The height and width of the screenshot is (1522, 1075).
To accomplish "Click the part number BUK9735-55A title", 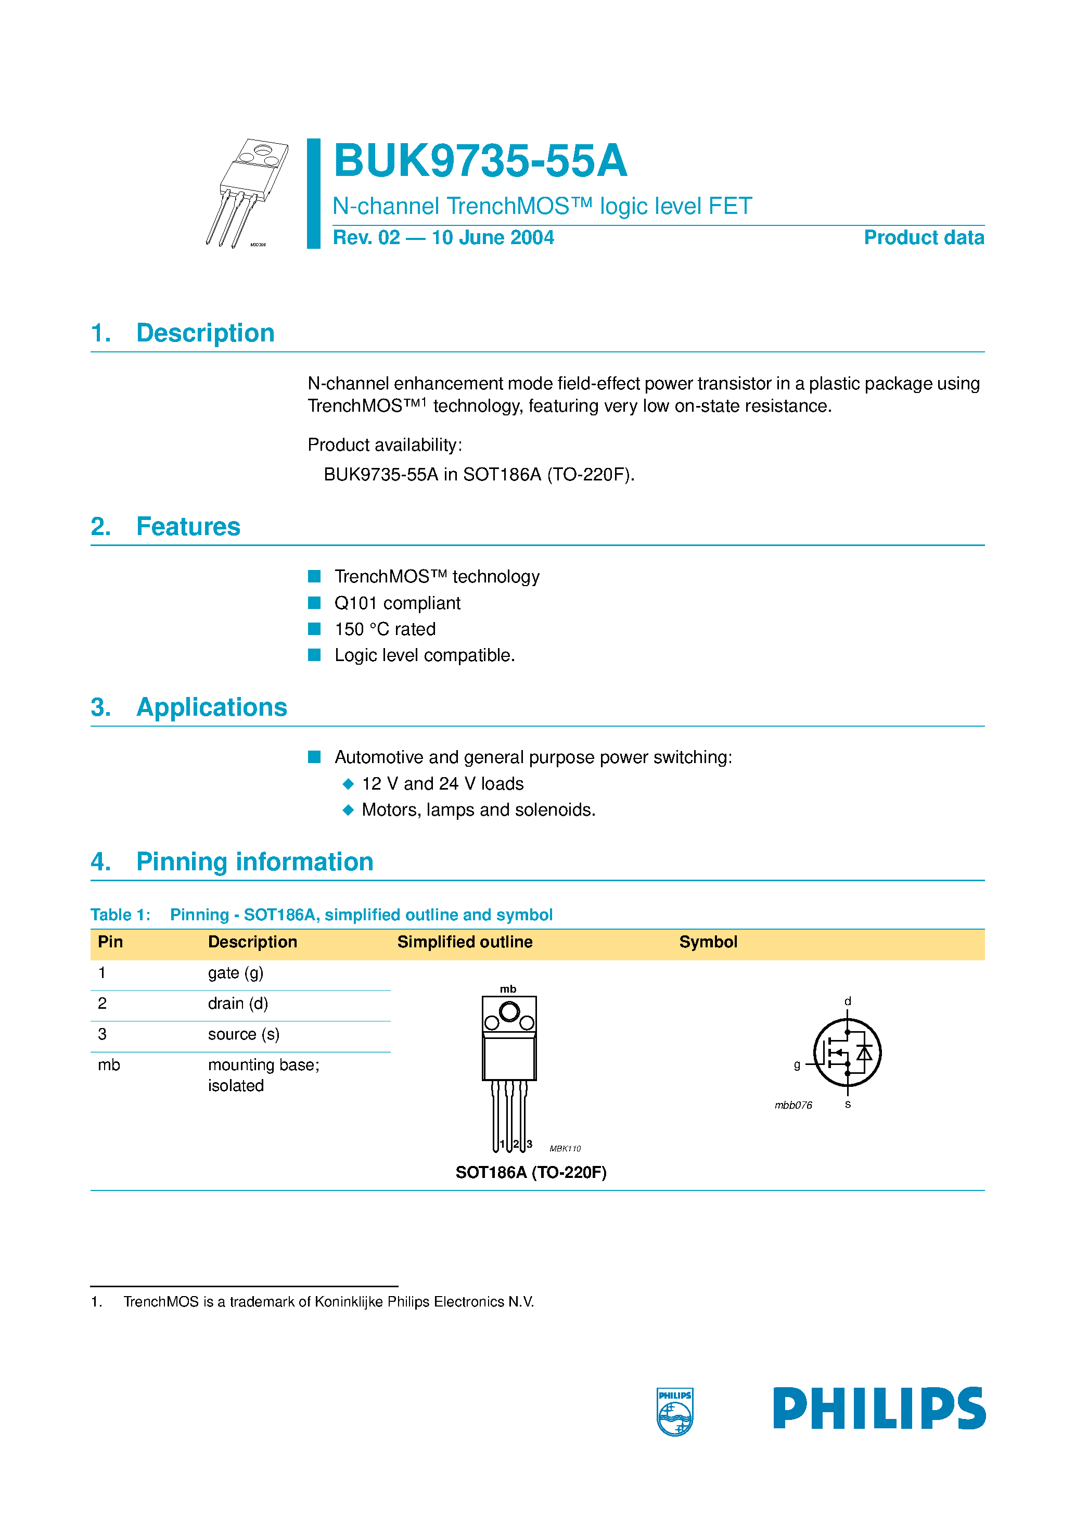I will pos(480,161).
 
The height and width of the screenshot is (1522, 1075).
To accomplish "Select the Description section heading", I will pos(205,333).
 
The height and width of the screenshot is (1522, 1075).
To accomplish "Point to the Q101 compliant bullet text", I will pos(397,603).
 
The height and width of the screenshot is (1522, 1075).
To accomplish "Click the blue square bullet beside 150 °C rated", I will pos(314,628).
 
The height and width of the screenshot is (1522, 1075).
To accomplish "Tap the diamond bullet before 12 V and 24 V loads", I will pos(348,783).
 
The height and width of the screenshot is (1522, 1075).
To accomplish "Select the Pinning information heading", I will pos(254,862).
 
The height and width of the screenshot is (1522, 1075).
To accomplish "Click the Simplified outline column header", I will pos(465,942).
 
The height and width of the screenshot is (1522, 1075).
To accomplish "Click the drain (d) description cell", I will pos(237,1003).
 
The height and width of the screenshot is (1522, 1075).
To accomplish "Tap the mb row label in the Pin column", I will pos(109,1064).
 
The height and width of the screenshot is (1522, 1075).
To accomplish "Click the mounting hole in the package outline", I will pos(509,1011).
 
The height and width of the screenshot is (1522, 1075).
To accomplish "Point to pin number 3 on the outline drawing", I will pos(530,1144).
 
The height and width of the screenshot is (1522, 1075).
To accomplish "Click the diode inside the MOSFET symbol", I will pos(864,1052).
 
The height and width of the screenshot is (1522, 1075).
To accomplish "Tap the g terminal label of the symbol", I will pos(797,1064).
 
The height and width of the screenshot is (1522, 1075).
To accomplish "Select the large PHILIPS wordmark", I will pos(879,1408).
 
